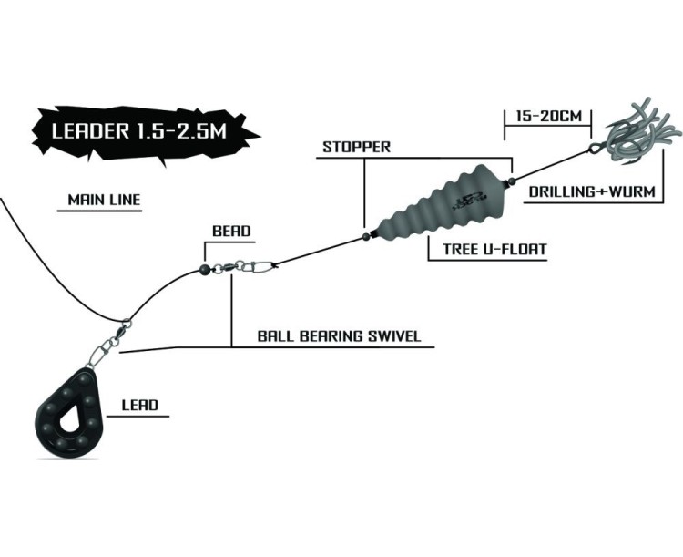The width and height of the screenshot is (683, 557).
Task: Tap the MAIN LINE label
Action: pyautogui.click(x=98, y=200)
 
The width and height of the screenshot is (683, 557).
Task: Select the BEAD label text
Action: pyautogui.click(x=231, y=232)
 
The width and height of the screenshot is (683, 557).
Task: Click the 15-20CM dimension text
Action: pyautogui.click(x=546, y=118)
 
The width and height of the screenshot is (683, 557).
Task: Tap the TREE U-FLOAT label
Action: pyautogui.click(x=488, y=247)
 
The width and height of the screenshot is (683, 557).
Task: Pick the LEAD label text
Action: pyautogui.click(x=139, y=405)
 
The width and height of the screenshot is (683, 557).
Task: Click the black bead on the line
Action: pyautogui.click(x=206, y=269)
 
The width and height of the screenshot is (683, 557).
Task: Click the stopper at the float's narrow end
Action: pyautogui.click(x=364, y=235)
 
